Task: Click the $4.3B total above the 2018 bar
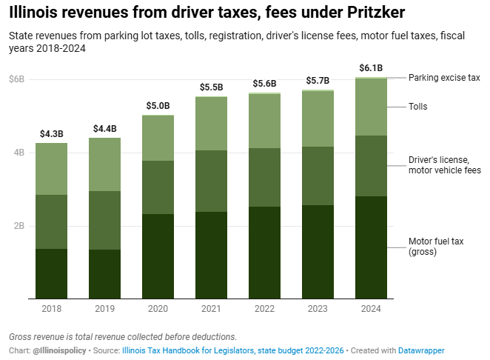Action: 51,134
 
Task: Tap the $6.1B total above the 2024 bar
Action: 371,68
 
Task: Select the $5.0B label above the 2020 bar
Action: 158,106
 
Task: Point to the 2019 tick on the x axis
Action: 104,308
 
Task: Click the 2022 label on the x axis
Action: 264,308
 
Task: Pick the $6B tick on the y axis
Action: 16,79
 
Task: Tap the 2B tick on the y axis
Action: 19,226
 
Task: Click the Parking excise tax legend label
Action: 444,77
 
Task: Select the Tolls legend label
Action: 418,107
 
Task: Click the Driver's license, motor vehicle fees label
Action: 444,164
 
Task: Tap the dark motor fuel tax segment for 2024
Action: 371,247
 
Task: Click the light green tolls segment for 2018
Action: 51,169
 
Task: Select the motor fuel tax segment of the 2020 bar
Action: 158,256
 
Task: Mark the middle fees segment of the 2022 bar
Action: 264,178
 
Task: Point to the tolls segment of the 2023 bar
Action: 318,119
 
